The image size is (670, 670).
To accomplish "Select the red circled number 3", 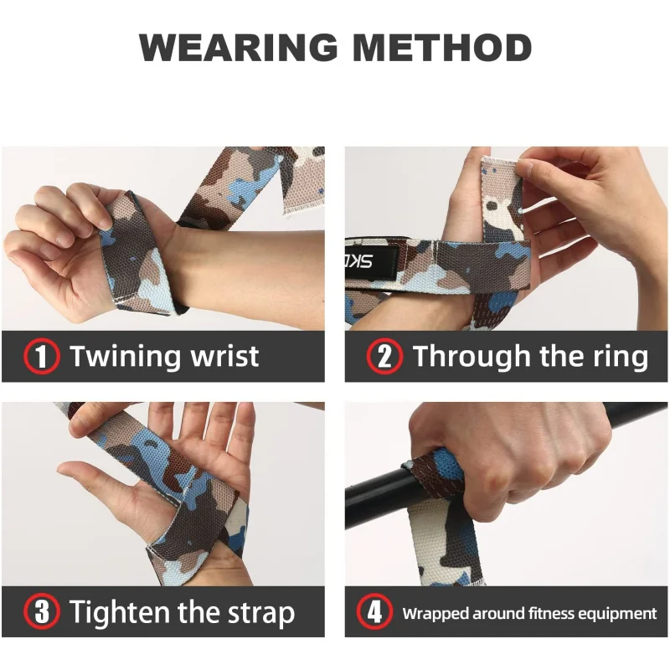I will click(x=41, y=612).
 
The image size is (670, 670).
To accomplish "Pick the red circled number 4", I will click(x=374, y=612).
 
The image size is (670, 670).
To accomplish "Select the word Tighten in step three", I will click(x=121, y=612).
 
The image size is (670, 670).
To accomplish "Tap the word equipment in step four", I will click(x=616, y=613).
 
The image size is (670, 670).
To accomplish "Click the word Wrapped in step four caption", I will click(x=435, y=613).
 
